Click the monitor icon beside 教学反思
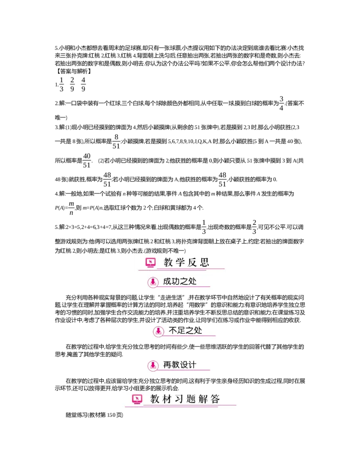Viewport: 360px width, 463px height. point(150,263)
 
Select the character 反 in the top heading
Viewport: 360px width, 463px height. point(193,263)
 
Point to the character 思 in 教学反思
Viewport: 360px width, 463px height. point(205,263)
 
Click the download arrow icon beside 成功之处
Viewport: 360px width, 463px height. point(153,282)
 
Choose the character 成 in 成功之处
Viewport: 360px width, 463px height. point(167,282)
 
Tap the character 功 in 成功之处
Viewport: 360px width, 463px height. point(176,282)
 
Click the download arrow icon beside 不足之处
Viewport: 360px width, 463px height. point(158,331)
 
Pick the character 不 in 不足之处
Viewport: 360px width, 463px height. point(173,331)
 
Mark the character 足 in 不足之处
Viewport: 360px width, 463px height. point(182,331)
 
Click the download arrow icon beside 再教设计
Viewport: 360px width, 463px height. point(153,365)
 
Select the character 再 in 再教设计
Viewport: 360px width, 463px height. point(167,365)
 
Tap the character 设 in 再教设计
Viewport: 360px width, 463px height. point(184,365)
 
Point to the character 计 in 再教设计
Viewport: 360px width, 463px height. point(192,365)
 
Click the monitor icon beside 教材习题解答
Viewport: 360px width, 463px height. point(137,399)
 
